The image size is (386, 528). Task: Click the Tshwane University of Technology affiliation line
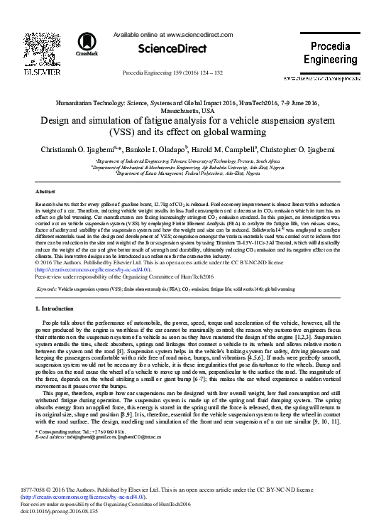tap(192, 161)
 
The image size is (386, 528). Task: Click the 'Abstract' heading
tap(45, 193)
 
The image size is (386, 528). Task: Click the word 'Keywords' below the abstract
tap(48, 290)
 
